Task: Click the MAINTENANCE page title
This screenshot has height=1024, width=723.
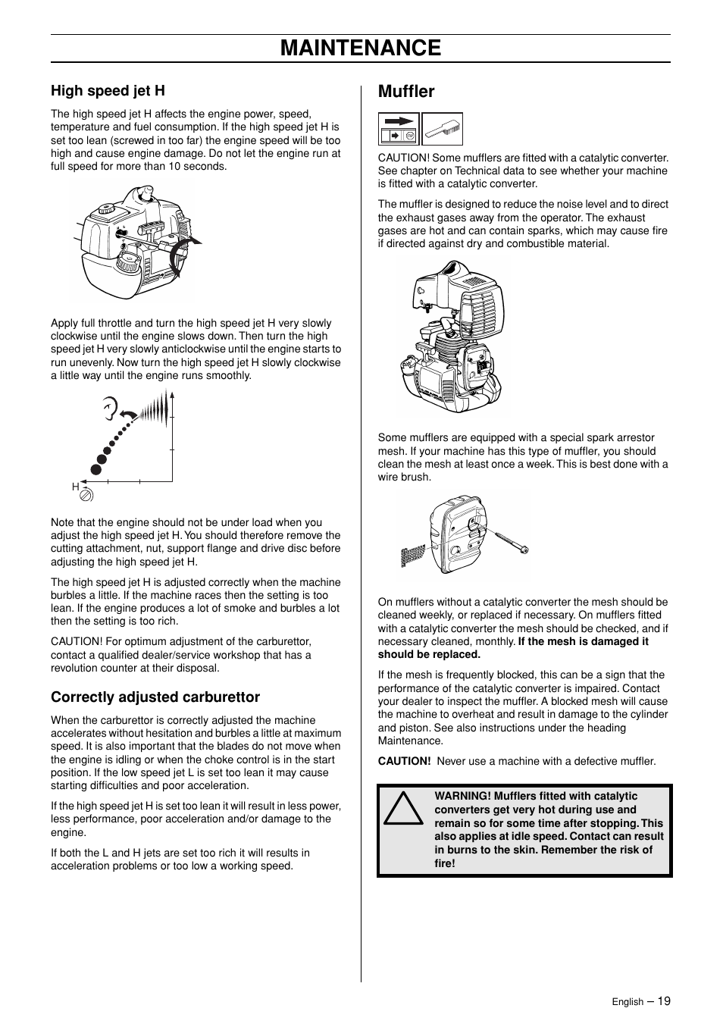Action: point(361,48)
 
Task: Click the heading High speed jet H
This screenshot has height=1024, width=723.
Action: point(108,91)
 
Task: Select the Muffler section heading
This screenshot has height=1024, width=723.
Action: point(406,92)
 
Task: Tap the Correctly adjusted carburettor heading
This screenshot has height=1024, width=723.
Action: point(155,697)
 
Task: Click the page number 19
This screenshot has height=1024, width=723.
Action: point(664,1001)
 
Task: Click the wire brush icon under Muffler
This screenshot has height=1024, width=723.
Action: point(442,129)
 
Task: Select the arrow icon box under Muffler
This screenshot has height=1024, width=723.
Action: point(399,129)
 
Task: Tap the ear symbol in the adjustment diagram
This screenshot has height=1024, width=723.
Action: point(111,410)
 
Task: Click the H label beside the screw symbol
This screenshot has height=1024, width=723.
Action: point(76,487)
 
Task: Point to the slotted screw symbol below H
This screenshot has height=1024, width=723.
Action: point(86,495)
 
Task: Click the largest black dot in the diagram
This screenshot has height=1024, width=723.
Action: point(96,468)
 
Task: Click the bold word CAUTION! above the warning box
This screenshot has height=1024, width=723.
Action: point(405,761)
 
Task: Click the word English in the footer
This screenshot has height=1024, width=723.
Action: point(628,1002)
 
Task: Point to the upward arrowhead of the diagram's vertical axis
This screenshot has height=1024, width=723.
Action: point(172,393)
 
